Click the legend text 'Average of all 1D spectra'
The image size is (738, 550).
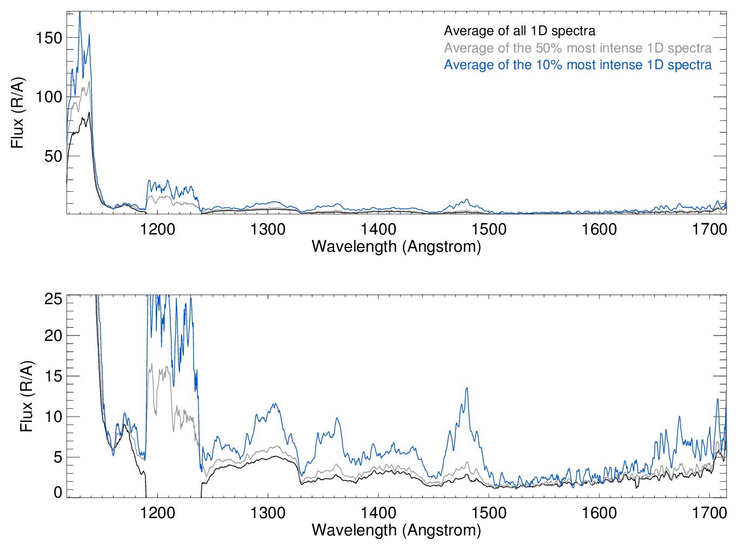[x=520, y=31]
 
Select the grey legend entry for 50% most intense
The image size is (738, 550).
[x=577, y=48]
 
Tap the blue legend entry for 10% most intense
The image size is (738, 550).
[x=577, y=65]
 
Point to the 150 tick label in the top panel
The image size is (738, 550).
[x=49, y=38]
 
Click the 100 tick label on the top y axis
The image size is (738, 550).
[x=49, y=97]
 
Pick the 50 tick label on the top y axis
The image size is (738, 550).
[x=53, y=156]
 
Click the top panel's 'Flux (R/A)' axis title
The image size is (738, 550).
[x=18, y=113]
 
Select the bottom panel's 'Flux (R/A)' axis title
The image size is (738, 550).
[x=26, y=396]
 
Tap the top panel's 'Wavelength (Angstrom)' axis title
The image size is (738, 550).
[x=396, y=246]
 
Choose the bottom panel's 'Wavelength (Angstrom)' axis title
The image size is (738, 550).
[x=396, y=530]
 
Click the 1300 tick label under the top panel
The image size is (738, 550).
[x=268, y=229]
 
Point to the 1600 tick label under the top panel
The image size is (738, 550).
[x=599, y=229]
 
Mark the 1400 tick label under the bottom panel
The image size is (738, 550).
[x=378, y=512]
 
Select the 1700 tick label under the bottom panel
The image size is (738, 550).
[x=709, y=512]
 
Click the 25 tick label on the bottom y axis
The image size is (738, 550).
[x=54, y=299]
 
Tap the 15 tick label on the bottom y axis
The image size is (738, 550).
[x=54, y=376]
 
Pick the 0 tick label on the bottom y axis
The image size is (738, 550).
[x=58, y=492]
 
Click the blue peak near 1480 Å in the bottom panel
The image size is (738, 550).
[x=467, y=388]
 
